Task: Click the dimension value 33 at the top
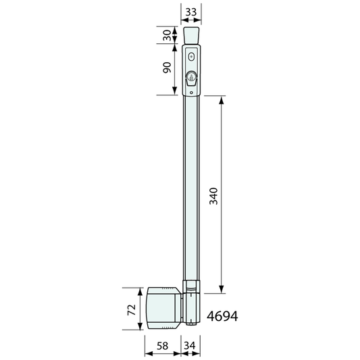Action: pyautogui.click(x=191, y=12)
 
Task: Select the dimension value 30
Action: pyautogui.click(x=167, y=35)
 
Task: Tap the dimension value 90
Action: pyautogui.click(x=167, y=68)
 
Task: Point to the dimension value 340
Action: pyautogui.click(x=213, y=196)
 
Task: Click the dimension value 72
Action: pyautogui.click(x=132, y=310)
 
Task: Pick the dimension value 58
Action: pyautogui.click(x=163, y=346)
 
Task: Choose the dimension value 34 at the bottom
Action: pyautogui.click(x=190, y=346)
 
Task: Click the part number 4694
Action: pyautogui.click(x=222, y=316)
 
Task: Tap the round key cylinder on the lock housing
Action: pyautogui.click(x=190, y=76)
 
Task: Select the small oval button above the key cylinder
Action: pyautogui.click(x=191, y=57)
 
